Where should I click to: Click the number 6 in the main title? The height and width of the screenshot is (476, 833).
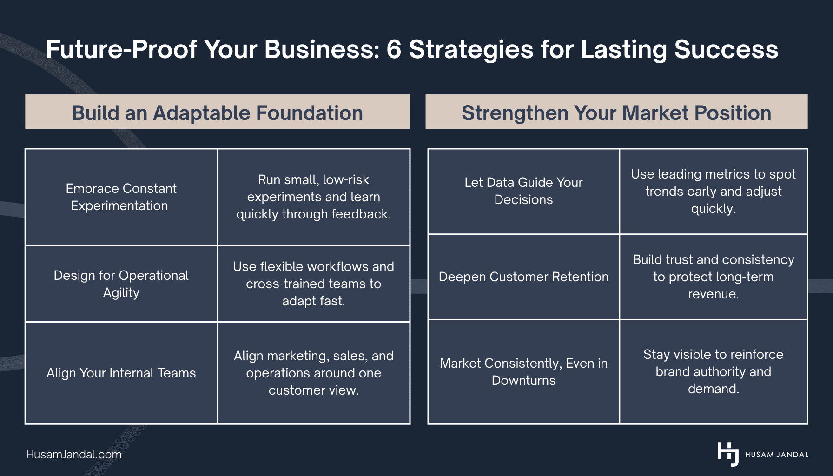pyautogui.click(x=393, y=49)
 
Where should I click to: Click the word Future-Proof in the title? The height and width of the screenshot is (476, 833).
pyautogui.click(x=121, y=49)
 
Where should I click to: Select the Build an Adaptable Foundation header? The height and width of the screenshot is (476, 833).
pyautogui.click(x=217, y=112)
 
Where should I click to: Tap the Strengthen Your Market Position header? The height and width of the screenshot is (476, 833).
pyautogui.click(x=616, y=112)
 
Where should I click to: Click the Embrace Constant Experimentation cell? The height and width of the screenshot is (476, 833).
pyautogui.click(x=121, y=197)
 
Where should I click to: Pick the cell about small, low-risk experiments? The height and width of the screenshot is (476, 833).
pyautogui.click(x=313, y=197)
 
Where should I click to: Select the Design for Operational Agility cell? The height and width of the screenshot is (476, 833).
pyautogui.click(x=121, y=284)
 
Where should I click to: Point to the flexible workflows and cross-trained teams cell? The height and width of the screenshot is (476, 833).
pyautogui.click(x=313, y=284)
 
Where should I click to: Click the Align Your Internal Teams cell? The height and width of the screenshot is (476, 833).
pyautogui.click(x=121, y=373)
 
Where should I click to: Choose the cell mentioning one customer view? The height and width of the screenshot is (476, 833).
pyautogui.click(x=313, y=373)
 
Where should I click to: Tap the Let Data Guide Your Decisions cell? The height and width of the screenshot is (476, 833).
pyautogui.click(x=523, y=191)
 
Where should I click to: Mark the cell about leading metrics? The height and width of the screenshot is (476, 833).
pyautogui.click(x=713, y=191)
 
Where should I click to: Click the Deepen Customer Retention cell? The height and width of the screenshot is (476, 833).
pyautogui.click(x=523, y=277)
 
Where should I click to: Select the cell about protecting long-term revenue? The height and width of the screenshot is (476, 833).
pyautogui.click(x=713, y=277)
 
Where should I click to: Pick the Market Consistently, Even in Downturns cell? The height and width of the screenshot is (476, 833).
pyautogui.click(x=523, y=371)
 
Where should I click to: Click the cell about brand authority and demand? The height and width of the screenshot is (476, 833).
pyautogui.click(x=713, y=371)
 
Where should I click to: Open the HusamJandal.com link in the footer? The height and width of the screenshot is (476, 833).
pyautogui.click(x=74, y=454)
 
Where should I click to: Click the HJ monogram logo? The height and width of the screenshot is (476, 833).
pyautogui.click(x=728, y=454)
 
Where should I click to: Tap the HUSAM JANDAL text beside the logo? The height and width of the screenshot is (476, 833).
pyautogui.click(x=776, y=455)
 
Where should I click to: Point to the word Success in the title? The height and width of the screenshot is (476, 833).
pyautogui.click(x=726, y=49)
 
